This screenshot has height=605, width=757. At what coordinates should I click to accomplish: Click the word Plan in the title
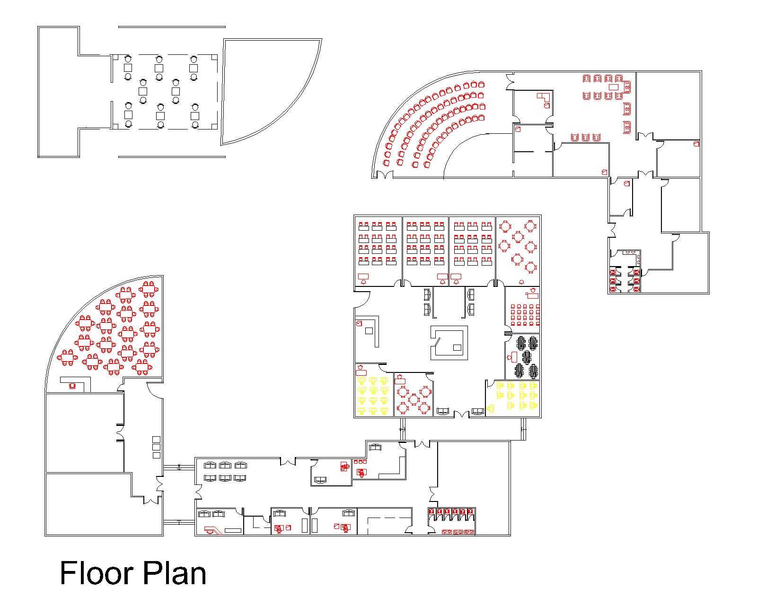(x=175, y=573)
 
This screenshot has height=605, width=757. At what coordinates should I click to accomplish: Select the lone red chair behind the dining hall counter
(x=72, y=386)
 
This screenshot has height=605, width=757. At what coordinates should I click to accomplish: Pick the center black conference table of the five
(x=526, y=357)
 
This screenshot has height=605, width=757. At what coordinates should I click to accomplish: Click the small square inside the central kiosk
(x=457, y=348)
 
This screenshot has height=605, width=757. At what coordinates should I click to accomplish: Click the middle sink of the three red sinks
(x=458, y=532)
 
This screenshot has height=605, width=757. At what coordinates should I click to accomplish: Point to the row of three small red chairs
(x=360, y=462)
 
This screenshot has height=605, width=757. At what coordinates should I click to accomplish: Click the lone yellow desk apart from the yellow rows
(x=491, y=409)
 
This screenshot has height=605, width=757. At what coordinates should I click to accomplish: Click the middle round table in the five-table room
(x=414, y=399)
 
